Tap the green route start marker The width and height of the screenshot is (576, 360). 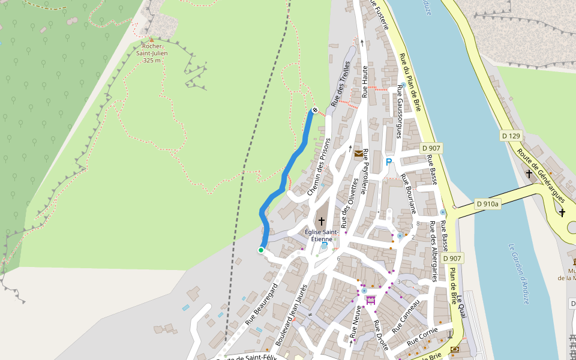261,250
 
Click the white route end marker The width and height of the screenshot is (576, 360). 314,110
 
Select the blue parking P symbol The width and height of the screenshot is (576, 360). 388,162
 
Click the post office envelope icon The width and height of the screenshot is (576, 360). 358,154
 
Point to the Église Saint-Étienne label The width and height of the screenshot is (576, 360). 322,235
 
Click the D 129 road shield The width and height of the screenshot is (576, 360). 511,136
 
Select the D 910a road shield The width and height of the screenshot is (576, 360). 487,204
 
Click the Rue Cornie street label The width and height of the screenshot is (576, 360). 423,337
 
